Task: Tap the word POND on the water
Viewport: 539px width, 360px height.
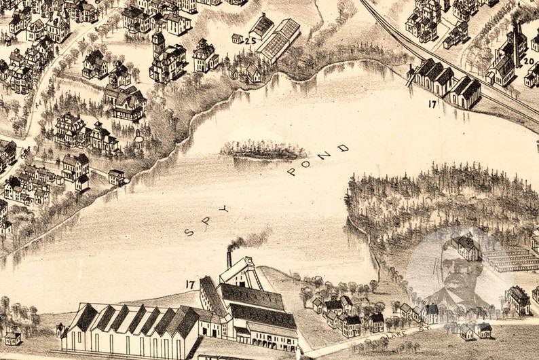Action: pyautogui.click(x=317, y=160)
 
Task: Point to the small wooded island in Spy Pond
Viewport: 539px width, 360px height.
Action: pyautogui.click(x=263, y=150)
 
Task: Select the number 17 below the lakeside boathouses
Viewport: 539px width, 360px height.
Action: pyautogui.click(x=432, y=104)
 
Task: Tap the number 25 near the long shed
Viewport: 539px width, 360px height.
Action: pyautogui.click(x=250, y=41)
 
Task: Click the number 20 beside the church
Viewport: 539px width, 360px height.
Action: pyautogui.click(x=529, y=60)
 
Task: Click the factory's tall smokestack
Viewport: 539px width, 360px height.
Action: pyautogui.click(x=229, y=259)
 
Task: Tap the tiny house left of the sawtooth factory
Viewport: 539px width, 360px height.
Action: pyautogui.click(x=12, y=337)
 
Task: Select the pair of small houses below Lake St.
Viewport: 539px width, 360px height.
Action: pyautogui.click(x=475, y=331)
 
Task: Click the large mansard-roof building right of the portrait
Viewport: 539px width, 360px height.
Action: pyautogui.click(x=519, y=299)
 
